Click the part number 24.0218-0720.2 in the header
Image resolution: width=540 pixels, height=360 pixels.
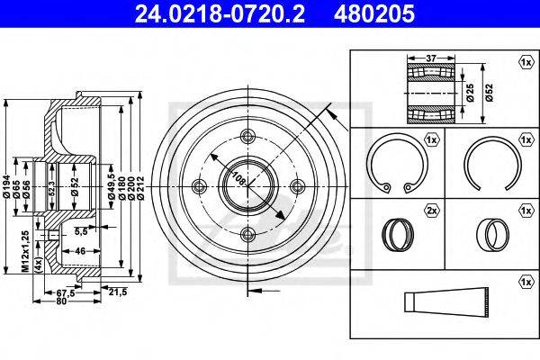coord(220,13)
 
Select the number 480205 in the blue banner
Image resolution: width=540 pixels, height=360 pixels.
coord(374,13)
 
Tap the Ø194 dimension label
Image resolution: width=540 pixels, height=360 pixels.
coord(6,190)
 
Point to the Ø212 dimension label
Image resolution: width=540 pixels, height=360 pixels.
coord(140,189)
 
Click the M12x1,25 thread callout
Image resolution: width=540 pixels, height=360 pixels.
coord(25,251)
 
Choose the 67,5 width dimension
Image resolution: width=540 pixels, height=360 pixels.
coord(66,293)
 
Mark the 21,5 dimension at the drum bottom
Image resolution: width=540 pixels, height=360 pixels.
coord(118,292)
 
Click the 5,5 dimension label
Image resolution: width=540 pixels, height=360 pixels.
coord(81,232)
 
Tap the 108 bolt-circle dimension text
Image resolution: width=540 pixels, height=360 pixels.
coord(239,178)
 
